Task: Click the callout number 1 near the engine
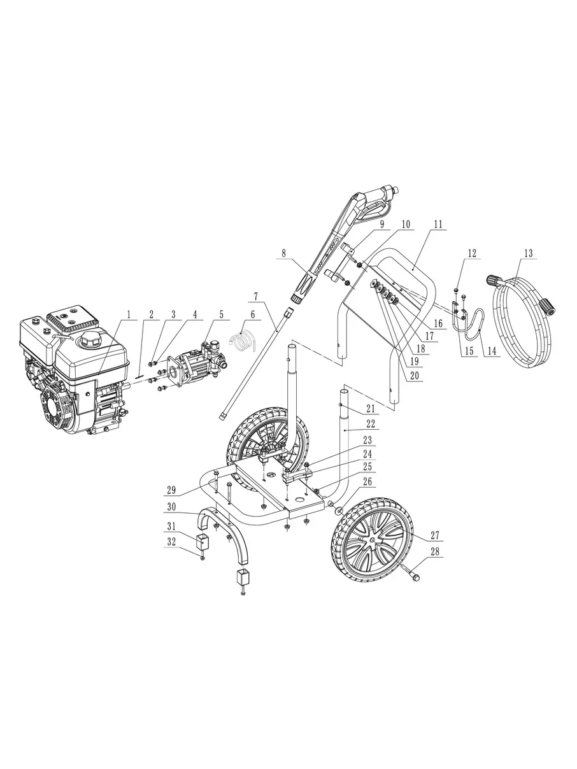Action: click(x=129, y=314)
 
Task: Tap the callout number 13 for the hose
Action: click(x=529, y=253)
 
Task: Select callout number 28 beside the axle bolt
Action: click(x=434, y=552)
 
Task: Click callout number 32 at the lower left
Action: click(x=171, y=542)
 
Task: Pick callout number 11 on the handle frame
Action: click(x=438, y=224)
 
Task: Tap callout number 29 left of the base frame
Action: click(x=171, y=490)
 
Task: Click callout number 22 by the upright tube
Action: click(x=371, y=424)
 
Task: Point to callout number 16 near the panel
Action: click(x=438, y=323)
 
